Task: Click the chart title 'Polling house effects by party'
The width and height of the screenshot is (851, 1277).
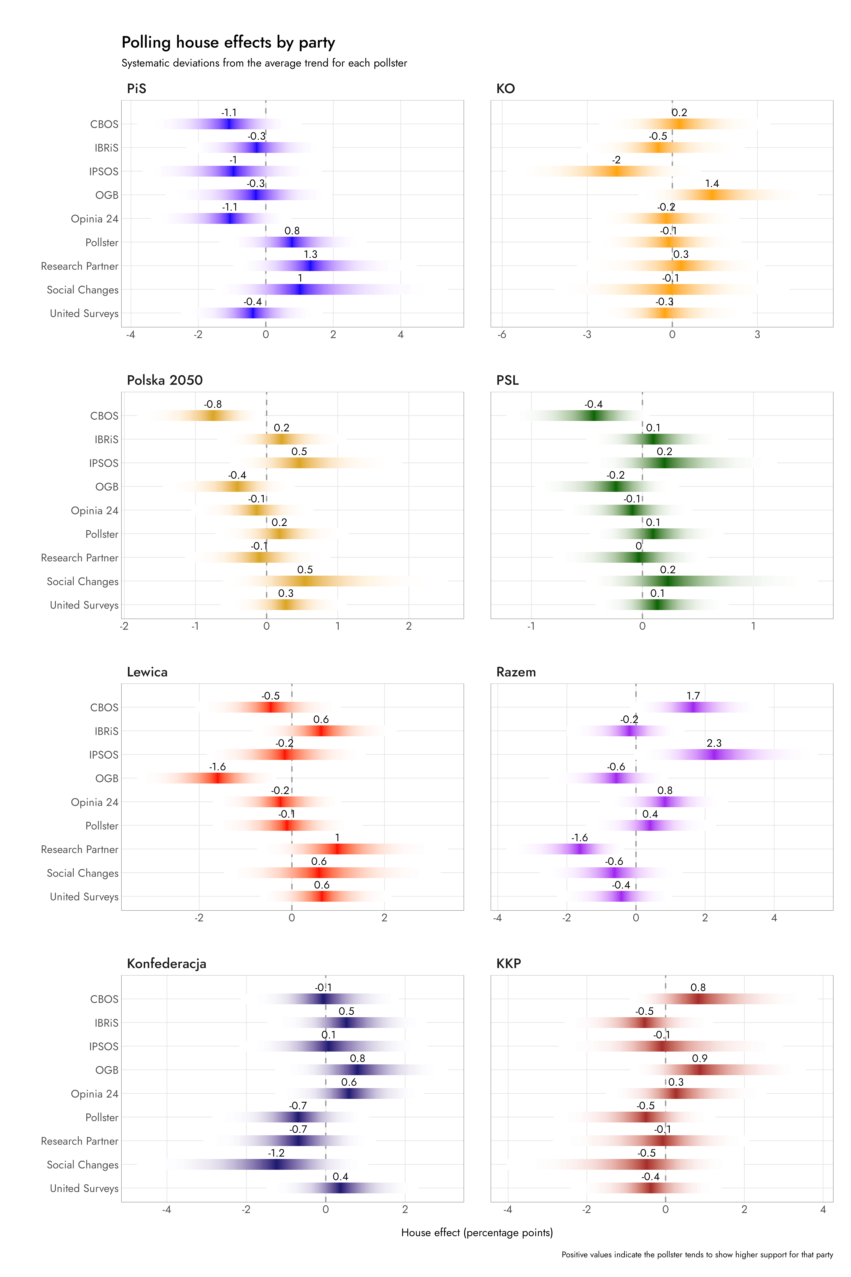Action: [x=228, y=42]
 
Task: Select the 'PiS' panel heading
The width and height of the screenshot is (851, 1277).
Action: [x=136, y=88]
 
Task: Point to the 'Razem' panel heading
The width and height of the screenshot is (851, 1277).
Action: [x=516, y=672]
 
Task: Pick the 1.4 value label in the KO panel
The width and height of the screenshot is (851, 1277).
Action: [x=712, y=184]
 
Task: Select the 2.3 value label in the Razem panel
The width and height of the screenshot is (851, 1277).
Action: [x=714, y=743]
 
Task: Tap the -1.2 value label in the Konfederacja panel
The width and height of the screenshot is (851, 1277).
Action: [x=276, y=1153]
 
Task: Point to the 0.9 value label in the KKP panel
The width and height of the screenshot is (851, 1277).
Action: [x=700, y=1059]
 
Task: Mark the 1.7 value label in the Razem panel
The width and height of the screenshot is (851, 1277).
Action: [x=693, y=696]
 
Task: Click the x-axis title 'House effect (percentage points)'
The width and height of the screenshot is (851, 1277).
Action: [x=476, y=1233]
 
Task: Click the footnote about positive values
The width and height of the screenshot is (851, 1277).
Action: [x=697, y=1255]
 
